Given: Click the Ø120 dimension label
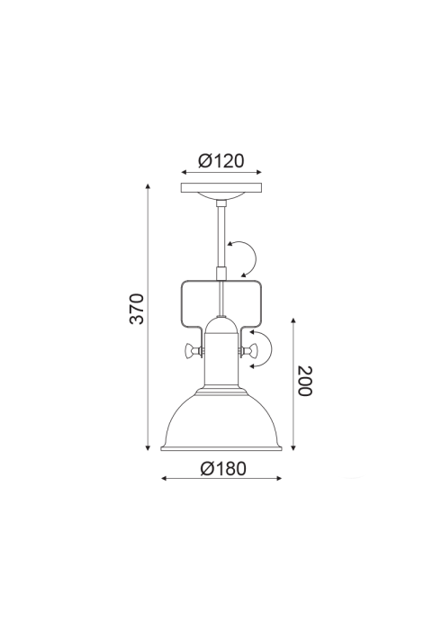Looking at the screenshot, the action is [x=221, y=161].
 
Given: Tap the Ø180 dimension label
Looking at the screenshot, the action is [x=222, y=468].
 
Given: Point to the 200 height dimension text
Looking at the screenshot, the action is [x=304, y=381].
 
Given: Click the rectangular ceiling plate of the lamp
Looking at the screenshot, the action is [x=221, y=188].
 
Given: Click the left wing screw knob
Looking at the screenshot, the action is [x=192, y=351].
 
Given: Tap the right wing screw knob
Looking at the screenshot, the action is [x=250, y=351].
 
